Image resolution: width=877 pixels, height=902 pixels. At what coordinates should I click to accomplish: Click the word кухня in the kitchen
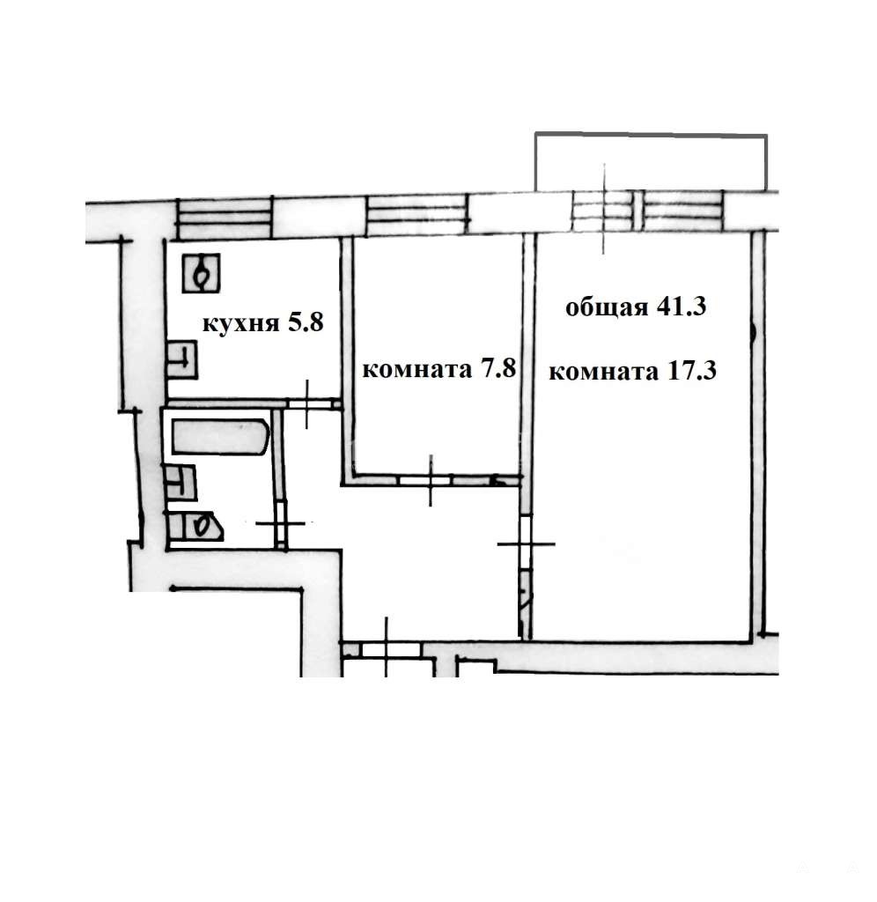pos(240,324)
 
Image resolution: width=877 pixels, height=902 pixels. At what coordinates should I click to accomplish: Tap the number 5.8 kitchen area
pos(306,322)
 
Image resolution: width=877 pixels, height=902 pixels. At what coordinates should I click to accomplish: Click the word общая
pos(607,308)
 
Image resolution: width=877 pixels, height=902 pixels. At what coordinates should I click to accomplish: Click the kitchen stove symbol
pos(202,273)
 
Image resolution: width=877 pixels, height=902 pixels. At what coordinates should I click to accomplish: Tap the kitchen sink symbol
pos(181,360)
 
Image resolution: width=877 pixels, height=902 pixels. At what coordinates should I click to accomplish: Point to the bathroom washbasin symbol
pos(181,483)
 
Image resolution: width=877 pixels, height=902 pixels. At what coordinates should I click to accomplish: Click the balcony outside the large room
pos(651,162)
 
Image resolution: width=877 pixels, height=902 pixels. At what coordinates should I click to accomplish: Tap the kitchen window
pos(224,218)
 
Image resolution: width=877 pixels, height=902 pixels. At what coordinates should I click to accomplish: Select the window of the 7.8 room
pos(417,216)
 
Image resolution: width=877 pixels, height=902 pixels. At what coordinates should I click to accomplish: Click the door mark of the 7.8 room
pos(431,480)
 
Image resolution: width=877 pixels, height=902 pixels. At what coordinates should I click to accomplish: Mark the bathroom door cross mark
pos(280,523)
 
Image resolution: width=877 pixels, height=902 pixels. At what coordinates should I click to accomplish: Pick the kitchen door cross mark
pos(306,403)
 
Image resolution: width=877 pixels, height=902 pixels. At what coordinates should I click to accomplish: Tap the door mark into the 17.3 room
pos(526,543)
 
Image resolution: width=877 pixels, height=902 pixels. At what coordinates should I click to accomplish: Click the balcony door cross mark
pos(604,209)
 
